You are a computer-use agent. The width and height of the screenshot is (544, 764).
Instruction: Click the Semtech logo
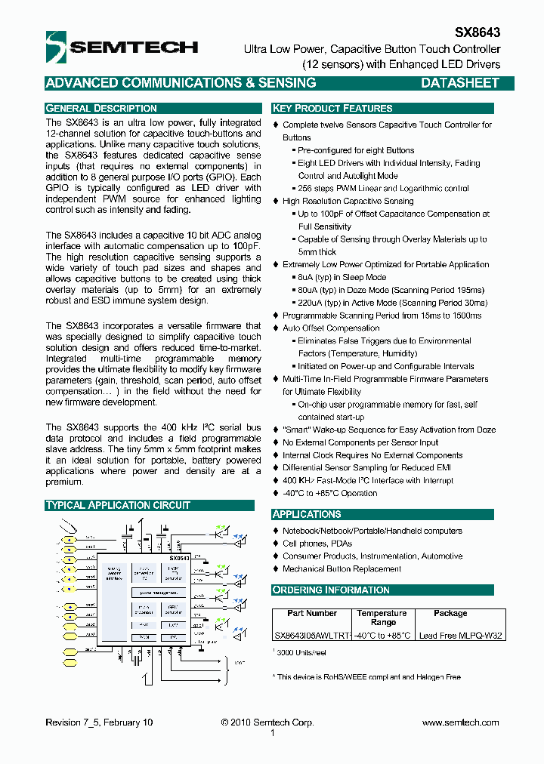point(121,47)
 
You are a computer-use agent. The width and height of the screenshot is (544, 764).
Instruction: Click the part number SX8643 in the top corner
point(477,33)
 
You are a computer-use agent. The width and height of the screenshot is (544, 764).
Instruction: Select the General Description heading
point(101,108)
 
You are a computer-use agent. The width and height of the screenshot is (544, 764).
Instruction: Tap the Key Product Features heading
point(332,108)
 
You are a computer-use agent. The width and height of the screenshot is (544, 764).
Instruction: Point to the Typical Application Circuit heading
point(118,505)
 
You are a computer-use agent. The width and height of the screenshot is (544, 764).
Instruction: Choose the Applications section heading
point(307,514)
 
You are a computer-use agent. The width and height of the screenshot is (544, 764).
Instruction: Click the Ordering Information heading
point(331,590)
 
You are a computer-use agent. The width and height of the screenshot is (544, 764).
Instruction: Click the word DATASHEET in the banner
point(459,83)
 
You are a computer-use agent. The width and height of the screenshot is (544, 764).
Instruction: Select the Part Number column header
point(312,614)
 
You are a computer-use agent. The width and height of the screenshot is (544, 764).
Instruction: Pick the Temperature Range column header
point(382,618)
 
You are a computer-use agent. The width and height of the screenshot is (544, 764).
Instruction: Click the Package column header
point(450,614)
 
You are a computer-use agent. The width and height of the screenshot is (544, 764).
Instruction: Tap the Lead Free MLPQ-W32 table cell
point(460,636)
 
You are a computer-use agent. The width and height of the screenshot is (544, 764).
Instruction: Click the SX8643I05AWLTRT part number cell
point(312,636)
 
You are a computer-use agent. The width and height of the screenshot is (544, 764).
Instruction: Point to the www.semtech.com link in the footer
point(460,722)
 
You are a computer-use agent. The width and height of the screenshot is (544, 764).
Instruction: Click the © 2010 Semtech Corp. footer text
point(267,722)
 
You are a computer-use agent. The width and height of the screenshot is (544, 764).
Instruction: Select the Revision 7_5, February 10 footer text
point(99,722)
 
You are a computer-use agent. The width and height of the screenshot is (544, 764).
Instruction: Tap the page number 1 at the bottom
point(273,732)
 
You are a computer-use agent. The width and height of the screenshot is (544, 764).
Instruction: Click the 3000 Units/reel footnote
point(301,652)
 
